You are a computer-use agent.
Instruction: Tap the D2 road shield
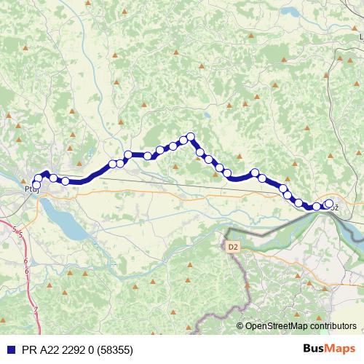click(232, 247)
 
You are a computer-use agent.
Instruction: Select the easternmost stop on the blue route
click(328, 204)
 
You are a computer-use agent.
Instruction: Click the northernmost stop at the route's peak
click(191, 136)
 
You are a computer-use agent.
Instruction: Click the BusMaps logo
click(330, 349)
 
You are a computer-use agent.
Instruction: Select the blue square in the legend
click(8, 350)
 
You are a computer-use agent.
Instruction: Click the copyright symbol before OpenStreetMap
click(240, 325)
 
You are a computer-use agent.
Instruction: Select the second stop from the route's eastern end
click(317, 206)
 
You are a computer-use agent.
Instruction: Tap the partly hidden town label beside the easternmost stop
click(336, 207)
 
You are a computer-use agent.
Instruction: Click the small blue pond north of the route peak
click(207, 114)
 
